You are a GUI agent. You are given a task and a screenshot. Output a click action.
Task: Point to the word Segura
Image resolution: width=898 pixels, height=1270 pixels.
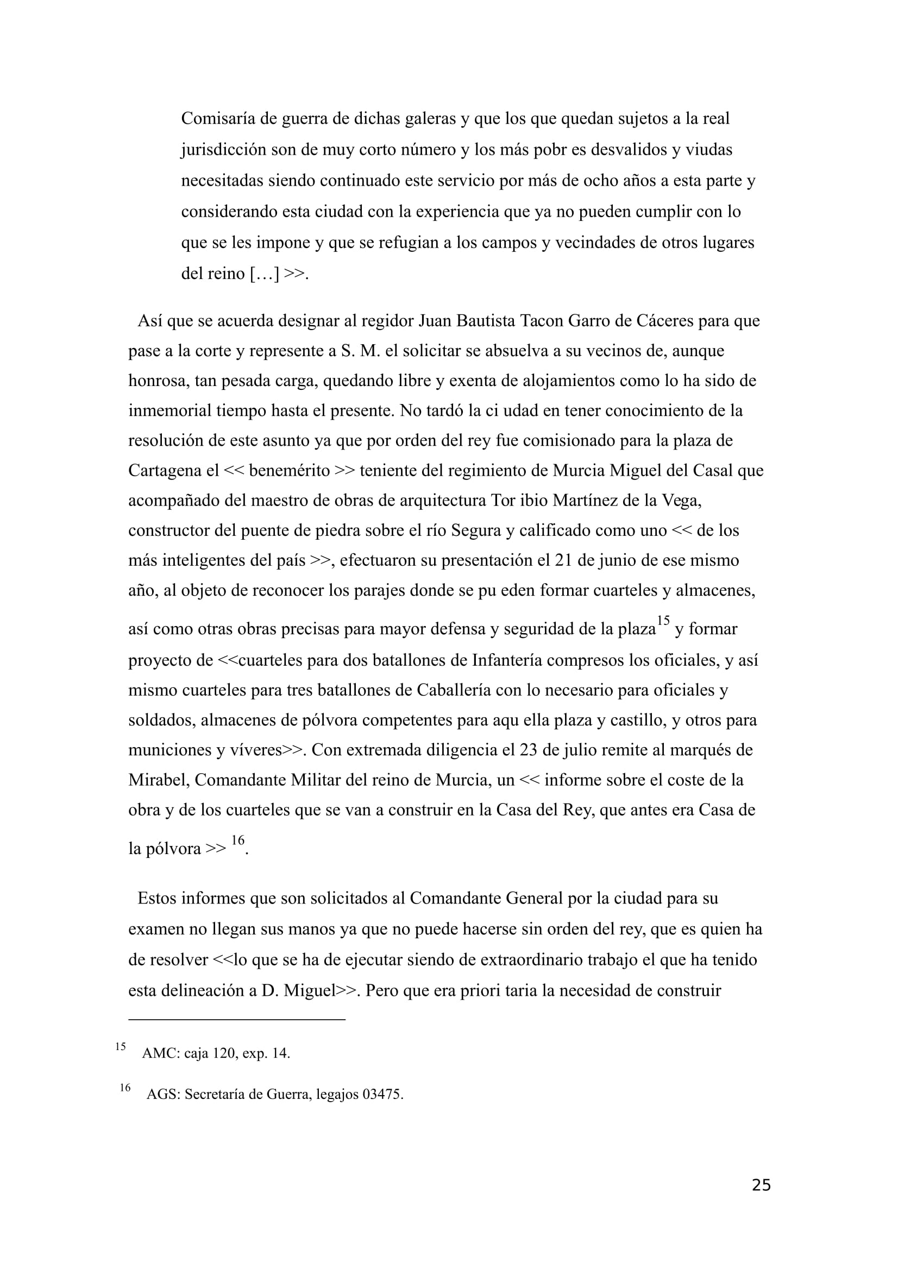pyautogui.click(x=475, y=530)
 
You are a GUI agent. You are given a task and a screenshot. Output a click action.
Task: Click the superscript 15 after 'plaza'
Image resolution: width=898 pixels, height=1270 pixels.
pyautogui.click(x=663, y=621)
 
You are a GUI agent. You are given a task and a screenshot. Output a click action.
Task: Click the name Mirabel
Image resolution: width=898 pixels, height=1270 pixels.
pyautogui.click(x=158, y=780)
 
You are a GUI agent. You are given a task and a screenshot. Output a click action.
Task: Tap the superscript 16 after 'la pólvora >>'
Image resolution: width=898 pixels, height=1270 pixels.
pyautogui.click(x=237, y=841)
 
